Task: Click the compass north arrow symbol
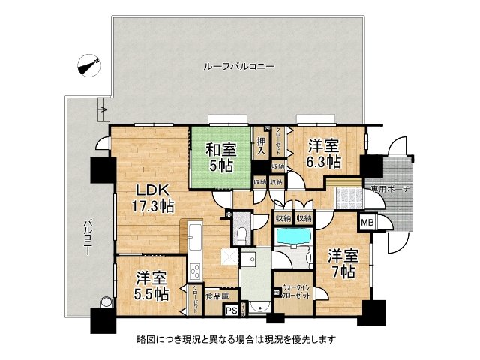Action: pyautogui.click(x=88, y=65)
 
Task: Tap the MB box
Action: pyautogui.click(x=368, y=222)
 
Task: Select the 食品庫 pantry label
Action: pyautogui.click(x=217, y=295)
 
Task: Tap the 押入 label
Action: pyautogui.click(x=262, y=144)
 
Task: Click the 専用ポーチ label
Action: pyautogui.click(x=390, y=188)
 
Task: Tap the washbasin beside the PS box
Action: pyautogui.click(x=257, y=307)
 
